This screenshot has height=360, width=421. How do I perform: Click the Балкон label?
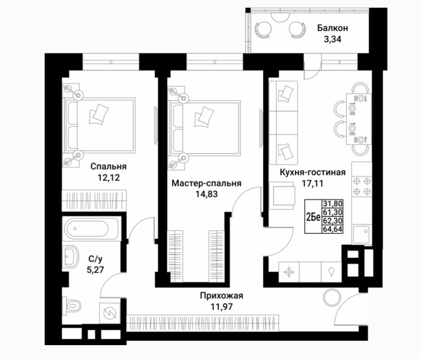tap(332, 28)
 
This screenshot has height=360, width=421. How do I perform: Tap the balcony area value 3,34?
tap(332, 39)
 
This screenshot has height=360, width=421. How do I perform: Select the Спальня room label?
tap(108, 167)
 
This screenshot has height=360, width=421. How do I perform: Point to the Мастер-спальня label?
tap(206, 183)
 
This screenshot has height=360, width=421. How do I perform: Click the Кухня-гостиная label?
tap(313, 172)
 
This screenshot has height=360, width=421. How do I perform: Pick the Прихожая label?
tap(221, 296)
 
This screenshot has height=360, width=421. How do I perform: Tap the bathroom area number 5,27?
tap(96, 270)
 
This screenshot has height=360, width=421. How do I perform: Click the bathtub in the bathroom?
tap(90, 228)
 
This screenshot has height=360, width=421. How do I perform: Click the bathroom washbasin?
tap(71, 257)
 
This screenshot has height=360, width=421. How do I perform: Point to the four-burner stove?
tap(361, 186)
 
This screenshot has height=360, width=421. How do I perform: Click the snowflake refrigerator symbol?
tap(289, 272)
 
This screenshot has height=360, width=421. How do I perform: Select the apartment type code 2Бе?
tap(313, 217)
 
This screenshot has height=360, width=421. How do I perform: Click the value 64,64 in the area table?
tap(333, 229)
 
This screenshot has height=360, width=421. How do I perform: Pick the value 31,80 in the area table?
tap(333, 203)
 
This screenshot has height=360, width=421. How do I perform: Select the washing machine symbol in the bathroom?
tap(109, 313)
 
